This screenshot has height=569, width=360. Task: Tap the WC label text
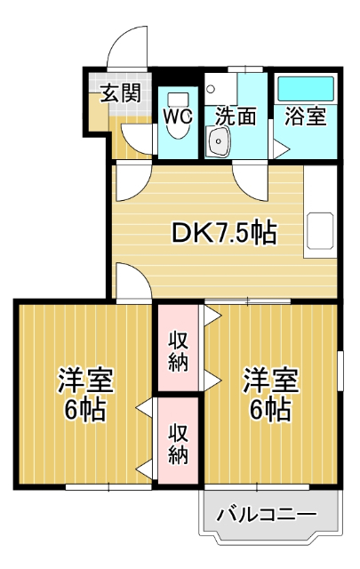pos(178,116)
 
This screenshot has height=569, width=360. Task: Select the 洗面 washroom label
pos(236,116)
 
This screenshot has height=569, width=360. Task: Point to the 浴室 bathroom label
pos(305,116)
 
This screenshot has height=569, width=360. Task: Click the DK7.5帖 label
pos(223,233)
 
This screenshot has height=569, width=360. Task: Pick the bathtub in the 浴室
pos(305,90)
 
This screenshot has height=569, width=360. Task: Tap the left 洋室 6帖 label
pos(85,396)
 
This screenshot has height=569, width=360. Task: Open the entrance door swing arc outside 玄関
pos(127,49)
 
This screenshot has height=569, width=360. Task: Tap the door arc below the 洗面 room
pos(252,181)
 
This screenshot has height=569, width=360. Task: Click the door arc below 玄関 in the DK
pos(129,182)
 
